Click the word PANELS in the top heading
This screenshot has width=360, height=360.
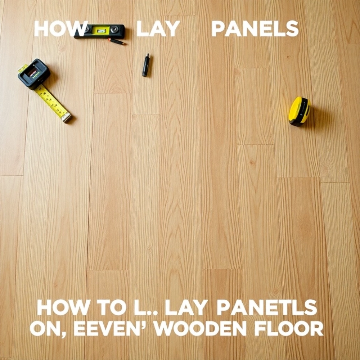click(255, 29)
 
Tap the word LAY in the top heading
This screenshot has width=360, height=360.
click(158, 29)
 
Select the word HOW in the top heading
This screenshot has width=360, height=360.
click(61, 29)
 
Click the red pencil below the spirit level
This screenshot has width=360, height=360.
click(116, 41)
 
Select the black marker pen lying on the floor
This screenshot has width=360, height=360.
click(146, 65)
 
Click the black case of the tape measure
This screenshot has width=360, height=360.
click(34, 74)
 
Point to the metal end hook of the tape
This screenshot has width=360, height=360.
click(67, 118)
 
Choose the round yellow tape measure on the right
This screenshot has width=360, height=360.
click(300, 111)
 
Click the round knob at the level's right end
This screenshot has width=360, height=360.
click(114, 29)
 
